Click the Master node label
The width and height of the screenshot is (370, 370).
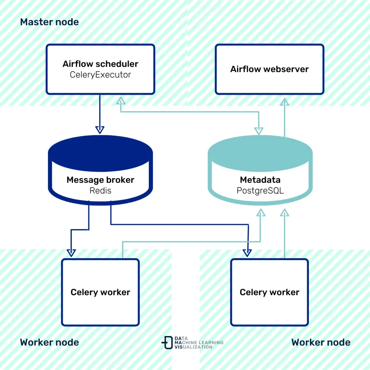click(x=49, y=22)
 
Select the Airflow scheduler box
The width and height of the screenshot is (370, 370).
click(x=100, y=69)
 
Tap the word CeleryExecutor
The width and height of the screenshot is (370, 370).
click(x=100, y=75)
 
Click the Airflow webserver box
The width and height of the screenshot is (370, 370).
click(x=269, y=69)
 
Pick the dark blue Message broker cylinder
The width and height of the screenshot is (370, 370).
click(x=100, y=170)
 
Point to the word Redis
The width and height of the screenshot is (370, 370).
click(x=100, y=190)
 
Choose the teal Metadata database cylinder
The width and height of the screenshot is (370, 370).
click(x=260, y=170)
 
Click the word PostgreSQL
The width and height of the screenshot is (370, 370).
click(x=260, y=190)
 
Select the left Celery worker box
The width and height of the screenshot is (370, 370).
click(x=100, y=292)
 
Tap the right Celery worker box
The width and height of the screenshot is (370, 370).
click(x=269, y=292)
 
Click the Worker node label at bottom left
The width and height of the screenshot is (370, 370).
click(x=49, y=342)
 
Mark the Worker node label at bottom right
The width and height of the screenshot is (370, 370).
click(x=320, y=342)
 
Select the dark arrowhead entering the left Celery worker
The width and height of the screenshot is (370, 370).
click(x=71, y=253)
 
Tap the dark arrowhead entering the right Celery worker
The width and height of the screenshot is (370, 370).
click(x=248, y=253)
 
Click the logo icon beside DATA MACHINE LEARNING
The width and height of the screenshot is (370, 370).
click(x=167, y=342)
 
